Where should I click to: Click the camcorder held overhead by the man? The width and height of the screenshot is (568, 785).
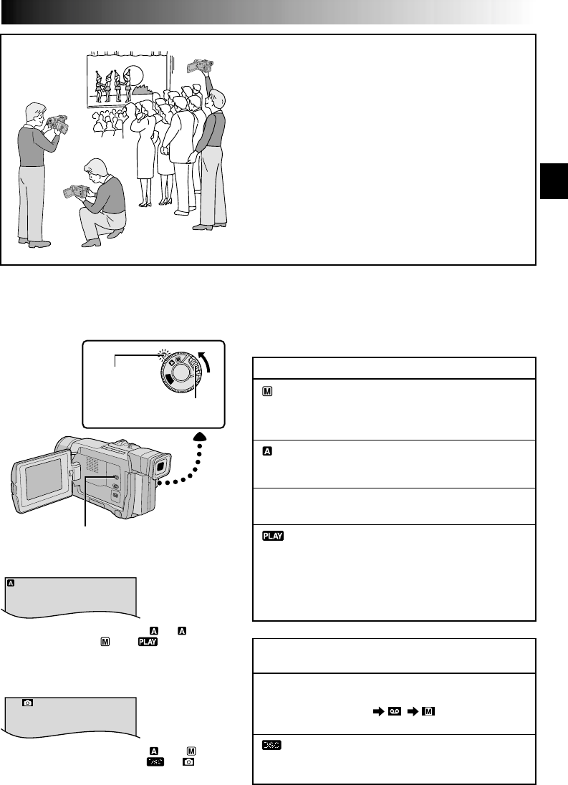(198, 65)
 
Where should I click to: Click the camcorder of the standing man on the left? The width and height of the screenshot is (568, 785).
(56, 123)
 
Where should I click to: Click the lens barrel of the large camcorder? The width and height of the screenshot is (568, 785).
(63, 446)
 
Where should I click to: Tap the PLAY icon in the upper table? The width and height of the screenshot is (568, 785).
(269, 534)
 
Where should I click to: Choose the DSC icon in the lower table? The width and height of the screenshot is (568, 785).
(268, 745)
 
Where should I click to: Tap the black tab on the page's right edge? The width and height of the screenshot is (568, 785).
(554, 179)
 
